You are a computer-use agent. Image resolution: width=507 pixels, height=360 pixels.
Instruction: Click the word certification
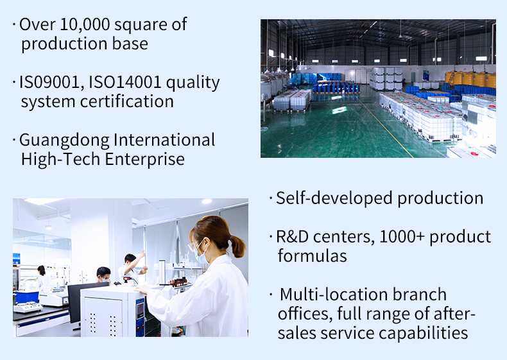pos(127,101)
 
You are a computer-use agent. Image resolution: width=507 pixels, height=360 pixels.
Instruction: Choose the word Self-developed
pos(334,198)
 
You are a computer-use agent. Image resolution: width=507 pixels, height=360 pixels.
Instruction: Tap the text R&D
pos(292,237)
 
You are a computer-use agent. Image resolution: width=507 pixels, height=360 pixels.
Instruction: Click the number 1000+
pos(402,237)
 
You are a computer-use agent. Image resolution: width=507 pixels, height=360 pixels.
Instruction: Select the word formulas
pos(313,256)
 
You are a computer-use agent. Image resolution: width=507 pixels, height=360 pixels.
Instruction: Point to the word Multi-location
pos(333,295)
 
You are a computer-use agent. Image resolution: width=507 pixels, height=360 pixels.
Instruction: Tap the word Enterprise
pos(144,160)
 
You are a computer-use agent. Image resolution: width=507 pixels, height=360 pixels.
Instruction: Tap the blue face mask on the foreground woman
pos(201,254)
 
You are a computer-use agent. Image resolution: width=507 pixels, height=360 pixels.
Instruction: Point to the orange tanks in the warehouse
pos(470,78)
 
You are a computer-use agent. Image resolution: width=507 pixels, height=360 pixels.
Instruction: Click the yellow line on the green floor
pos(384,127)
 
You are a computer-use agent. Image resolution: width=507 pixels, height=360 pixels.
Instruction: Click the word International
pos(164,140)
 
